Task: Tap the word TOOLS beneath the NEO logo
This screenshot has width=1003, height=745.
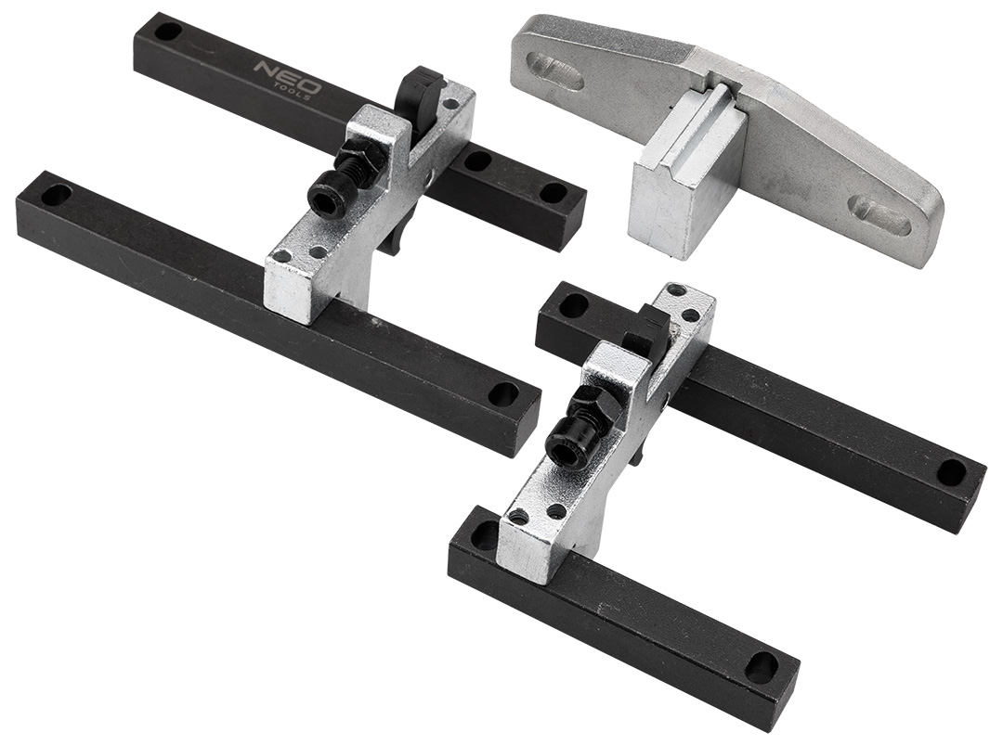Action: tap(299, 91)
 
